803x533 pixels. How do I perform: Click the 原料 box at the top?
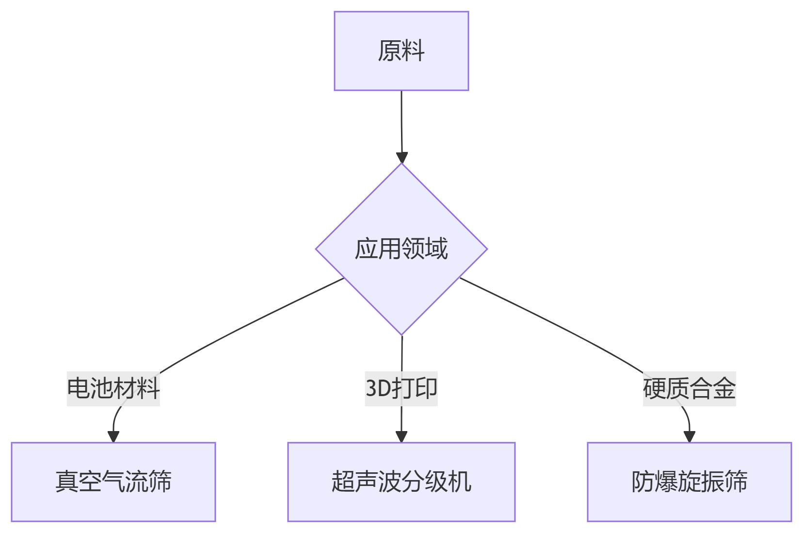point(401,51)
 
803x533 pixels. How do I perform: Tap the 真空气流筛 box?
point(113,482)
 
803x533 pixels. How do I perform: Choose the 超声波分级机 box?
point(401,482)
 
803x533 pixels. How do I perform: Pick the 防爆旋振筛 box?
point(689,482)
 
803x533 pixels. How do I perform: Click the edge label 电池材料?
point(113,388)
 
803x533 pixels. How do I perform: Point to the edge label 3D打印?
point(401,388)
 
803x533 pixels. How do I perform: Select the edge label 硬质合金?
point(689,388)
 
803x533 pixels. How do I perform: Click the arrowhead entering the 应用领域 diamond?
point(401,158)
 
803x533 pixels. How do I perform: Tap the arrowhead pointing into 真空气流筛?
point(113,436)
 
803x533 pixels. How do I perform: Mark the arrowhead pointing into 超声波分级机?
point(401,436)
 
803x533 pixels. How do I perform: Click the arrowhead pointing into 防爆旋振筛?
point(689,436)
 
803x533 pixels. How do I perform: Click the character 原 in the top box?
point(389,51)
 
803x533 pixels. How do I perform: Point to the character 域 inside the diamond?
point(436,249)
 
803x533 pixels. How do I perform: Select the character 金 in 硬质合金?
point(724,388)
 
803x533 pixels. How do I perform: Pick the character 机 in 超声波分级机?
point(459,482)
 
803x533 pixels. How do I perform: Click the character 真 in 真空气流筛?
point(67,482)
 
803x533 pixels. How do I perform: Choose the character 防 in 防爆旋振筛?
point(642,482)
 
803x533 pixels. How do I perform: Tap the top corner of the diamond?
point(401,165)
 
